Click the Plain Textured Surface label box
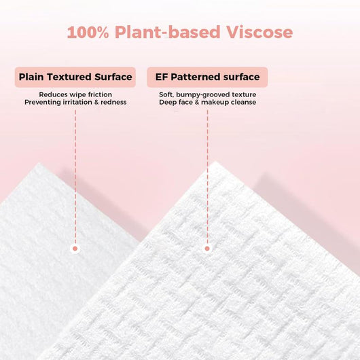[x=75, y=77]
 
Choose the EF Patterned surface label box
[x=207, y=77]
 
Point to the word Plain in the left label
[x=32, y=77]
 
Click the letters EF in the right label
[x=162, y=77]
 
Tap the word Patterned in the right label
[x=196, y=77]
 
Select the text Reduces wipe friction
[x=75, y=94]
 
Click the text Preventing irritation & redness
[x=75, y=103]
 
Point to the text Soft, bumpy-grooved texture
[x=207, y=94]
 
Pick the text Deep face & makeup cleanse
[x=207, y=103]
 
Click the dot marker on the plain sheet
[x=75, y=249]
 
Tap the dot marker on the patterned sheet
[x=207, y=249]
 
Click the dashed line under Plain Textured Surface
[x=75, y=177]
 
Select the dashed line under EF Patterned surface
[x=207, y=177]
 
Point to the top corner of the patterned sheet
[x=216, y=163]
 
